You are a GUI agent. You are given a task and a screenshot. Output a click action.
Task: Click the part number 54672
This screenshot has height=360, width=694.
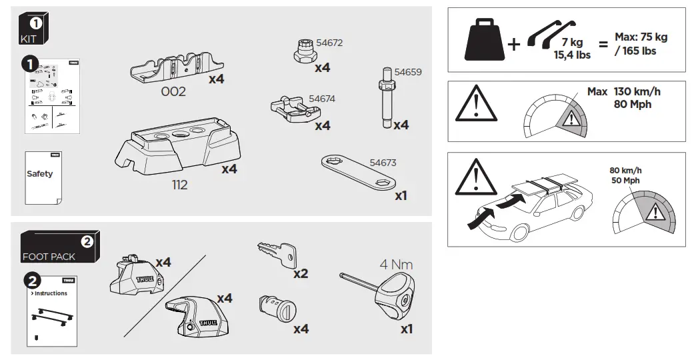(330, 43)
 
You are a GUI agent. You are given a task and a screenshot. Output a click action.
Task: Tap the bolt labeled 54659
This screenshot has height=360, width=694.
(386, 99)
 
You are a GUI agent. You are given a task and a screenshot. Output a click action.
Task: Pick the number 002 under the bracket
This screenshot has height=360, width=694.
(173, 92)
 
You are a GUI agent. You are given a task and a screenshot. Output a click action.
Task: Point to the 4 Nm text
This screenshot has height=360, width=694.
(397, 264)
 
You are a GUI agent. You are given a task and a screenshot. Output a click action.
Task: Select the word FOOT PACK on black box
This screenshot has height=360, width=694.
(49, 256)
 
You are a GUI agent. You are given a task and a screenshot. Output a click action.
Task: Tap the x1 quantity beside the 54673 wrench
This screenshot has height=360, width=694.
(401, 196)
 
